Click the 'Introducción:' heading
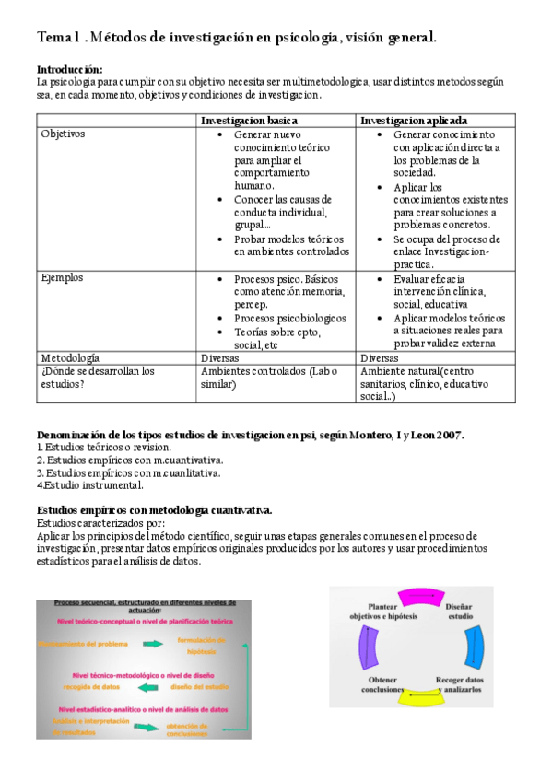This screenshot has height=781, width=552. [x=69, y=69]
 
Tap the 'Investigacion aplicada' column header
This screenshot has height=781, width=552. [x=413, y=121]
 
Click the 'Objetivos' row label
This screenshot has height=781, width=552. [x=63, y=134]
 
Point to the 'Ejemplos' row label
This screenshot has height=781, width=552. [x=62, y=276]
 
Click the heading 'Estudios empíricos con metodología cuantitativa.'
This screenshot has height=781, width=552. [x=154, y=509]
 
